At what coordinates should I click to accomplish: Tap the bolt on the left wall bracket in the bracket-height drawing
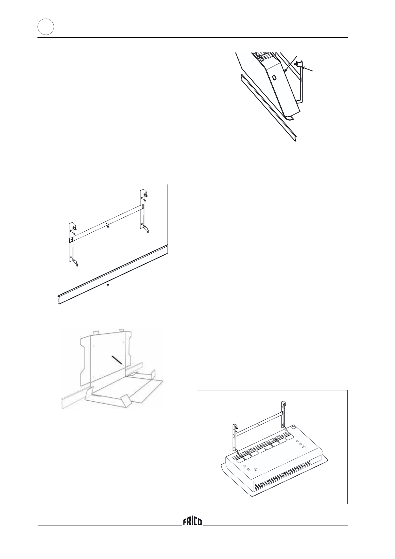coord(75,229)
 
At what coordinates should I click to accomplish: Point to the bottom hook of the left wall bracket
coord(76,264)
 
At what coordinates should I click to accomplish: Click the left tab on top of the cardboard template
coord(96,332)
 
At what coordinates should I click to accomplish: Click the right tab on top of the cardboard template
coord(121,330)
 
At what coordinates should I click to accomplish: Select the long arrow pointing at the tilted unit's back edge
coord(290,64)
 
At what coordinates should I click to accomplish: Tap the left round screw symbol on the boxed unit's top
coord(255,469)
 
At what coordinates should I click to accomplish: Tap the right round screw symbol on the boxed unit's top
coord(304,447)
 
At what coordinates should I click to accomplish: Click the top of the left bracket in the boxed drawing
coord(235,427)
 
